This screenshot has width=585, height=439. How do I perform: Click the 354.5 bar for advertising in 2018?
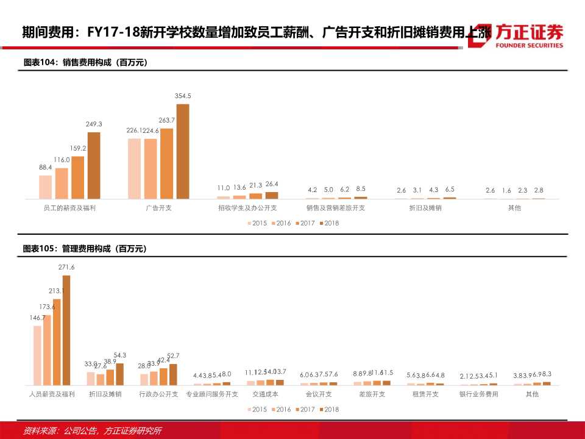(x=182, y=151)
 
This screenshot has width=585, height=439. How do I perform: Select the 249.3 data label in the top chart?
(x=94, y=124)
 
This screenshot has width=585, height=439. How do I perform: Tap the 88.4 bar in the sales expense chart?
(x=46, y=187)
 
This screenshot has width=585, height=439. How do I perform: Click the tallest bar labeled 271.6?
(x=66, y=329)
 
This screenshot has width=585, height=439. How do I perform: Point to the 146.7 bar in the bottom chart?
(x=37, y=355)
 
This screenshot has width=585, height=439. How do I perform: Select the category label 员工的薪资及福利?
(x=70, y=208)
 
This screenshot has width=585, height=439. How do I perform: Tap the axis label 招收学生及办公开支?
(x=247, y=208)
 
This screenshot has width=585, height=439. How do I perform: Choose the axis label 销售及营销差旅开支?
(x=336, y=208)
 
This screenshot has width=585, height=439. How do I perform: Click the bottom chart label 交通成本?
(x=265, y=394)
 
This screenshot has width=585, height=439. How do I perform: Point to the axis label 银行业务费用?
(x=479, y=394)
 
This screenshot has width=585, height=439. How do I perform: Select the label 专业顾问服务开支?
(x=212, y=394)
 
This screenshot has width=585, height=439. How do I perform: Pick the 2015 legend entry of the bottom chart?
(x=258, y=410)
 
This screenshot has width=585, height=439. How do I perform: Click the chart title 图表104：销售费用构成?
(x=85, y=62)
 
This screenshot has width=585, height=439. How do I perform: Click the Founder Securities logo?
(x=517, y=36)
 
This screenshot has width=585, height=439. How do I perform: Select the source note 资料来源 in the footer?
(x=92, y=430)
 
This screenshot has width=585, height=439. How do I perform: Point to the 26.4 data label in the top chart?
(x=271, y=184)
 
